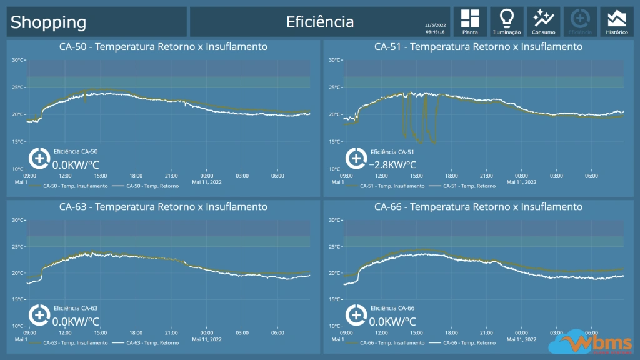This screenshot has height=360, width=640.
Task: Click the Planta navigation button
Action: click(470, 21)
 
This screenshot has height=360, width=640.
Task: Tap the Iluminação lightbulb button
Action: click(507, 21)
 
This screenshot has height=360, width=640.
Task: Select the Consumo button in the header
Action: click(544, 21)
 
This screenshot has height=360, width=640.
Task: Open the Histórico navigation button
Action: click(617, 21)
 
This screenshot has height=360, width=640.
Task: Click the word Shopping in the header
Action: click(48, 22)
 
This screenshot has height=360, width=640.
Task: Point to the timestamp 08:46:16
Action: click(435, 31)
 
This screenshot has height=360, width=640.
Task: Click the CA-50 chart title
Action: click(163, 47)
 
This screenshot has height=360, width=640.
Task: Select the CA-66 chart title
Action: click(478, 207)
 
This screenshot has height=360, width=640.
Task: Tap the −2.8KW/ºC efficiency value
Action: click(392, 165)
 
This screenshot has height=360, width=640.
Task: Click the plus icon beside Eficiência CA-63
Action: click(39, 315)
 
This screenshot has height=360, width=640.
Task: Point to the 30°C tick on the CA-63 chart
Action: click(17, 220)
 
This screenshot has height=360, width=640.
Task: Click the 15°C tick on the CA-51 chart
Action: click(334, 142)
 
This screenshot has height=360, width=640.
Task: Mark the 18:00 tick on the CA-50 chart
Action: click(136, 176)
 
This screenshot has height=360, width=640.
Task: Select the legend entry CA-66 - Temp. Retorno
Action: click(469, 342)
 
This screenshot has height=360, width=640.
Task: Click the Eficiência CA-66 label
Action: click(392, 308)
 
